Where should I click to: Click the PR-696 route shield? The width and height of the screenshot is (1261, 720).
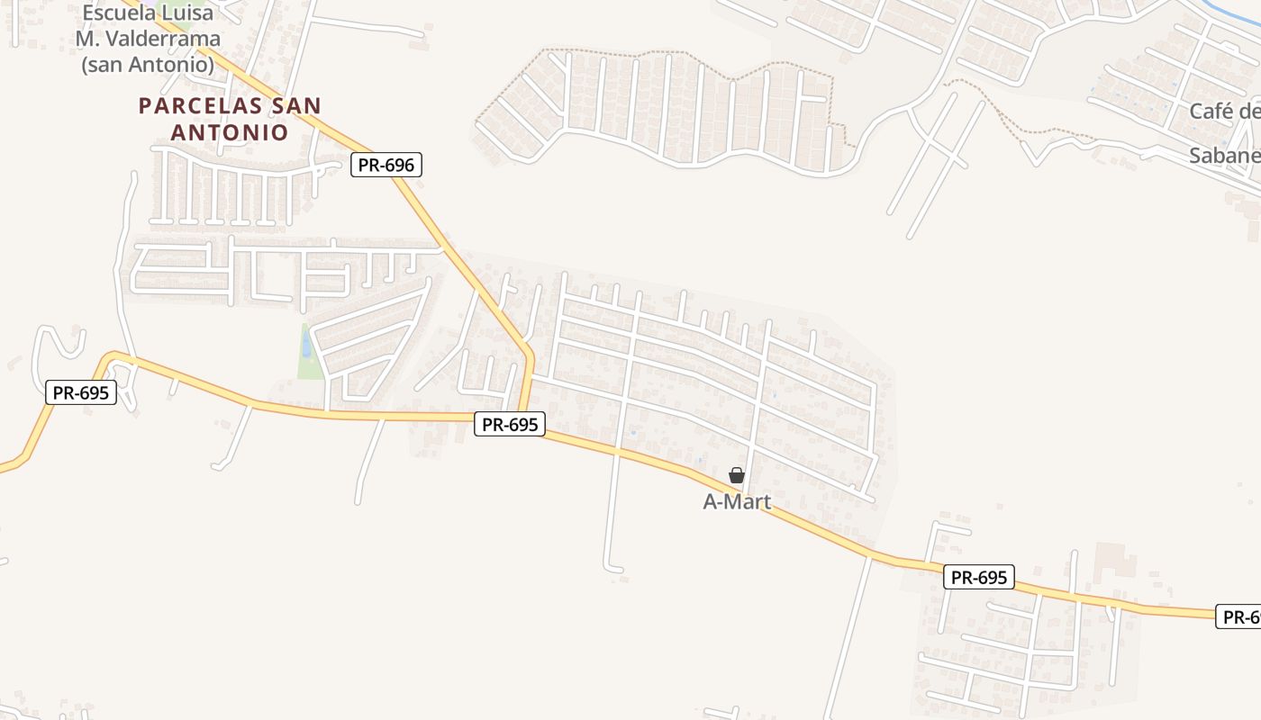[x=386, y=165]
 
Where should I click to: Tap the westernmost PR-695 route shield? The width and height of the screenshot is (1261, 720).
[x=81, y=392]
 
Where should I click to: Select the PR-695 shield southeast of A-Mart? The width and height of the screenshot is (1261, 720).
[x=978, y=577]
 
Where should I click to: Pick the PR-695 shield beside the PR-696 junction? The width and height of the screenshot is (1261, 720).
[x=510, y=425]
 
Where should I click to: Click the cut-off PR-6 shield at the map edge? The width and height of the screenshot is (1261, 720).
[x=1239, y=616]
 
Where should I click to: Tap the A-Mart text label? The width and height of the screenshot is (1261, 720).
[x=737, y=502]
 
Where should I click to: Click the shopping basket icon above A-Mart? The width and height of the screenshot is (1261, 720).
[x=737, y=475]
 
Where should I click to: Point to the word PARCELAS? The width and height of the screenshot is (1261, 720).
[x=199, y=106]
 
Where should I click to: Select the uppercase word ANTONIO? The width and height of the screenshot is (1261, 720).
[x=230, y=132]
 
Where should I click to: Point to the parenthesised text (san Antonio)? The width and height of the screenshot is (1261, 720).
[x=148, y=65]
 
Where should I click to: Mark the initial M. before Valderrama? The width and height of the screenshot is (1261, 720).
[x=87, y=39]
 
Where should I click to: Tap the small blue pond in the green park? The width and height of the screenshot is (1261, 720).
[x=307, y=345]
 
